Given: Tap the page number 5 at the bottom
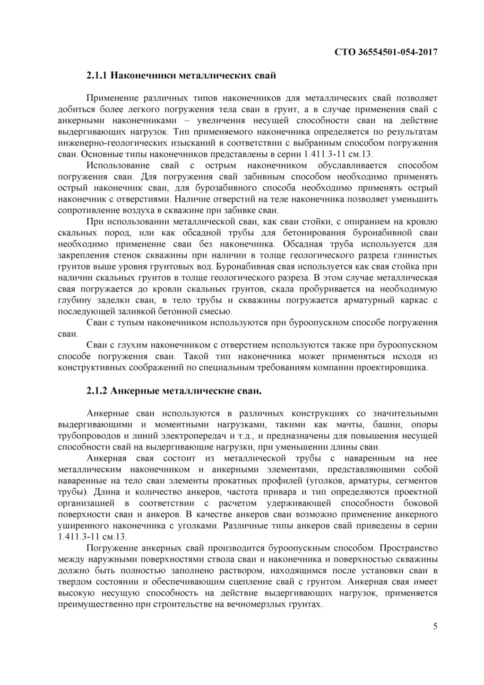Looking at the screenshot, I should click(435, 627).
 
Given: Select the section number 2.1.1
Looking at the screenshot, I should click(98, 75).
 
